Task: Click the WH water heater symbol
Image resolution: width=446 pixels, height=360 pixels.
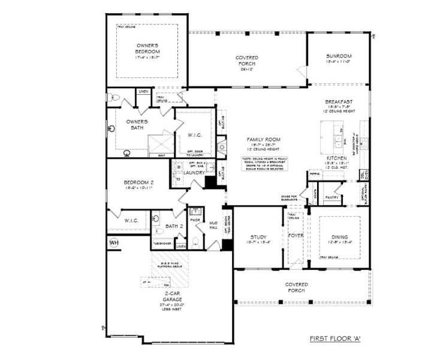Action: [114, 242]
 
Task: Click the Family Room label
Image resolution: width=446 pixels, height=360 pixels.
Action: [263, 139]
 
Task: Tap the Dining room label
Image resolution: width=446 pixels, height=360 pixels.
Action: [339, 236]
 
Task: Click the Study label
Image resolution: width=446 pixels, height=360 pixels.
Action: [258, 236]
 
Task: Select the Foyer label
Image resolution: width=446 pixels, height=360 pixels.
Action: [296, 236]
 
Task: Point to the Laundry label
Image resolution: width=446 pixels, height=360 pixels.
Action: [194, 173]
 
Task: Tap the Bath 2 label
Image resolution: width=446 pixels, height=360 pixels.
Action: [174, 226]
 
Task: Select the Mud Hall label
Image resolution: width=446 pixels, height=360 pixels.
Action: [213, 224]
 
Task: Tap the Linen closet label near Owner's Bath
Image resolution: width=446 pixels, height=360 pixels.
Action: [143, 91]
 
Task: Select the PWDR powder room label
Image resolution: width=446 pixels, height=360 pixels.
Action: [195, 220]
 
